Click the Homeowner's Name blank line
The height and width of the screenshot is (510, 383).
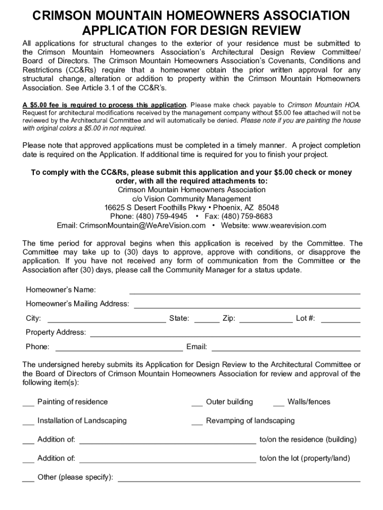[x=245, y=290]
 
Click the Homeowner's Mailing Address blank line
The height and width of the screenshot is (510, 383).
[x=247, y=304]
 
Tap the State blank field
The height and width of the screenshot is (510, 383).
[x=206, y=319]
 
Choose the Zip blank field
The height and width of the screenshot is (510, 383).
[x=266, y=319]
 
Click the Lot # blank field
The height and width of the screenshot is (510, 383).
[x=340, y=319]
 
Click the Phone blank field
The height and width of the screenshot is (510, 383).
[x=119, y=347]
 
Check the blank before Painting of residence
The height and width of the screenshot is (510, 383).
[x=28, y=402]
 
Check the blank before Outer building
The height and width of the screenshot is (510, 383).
[x=197, y=402]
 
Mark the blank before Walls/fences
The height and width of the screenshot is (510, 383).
[x=279, y=402]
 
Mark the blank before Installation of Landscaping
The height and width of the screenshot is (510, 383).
[x=28, y=421]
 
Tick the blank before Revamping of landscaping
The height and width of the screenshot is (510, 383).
[x=197, y=421]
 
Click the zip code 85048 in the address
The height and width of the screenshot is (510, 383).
[x=269, y=208]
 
